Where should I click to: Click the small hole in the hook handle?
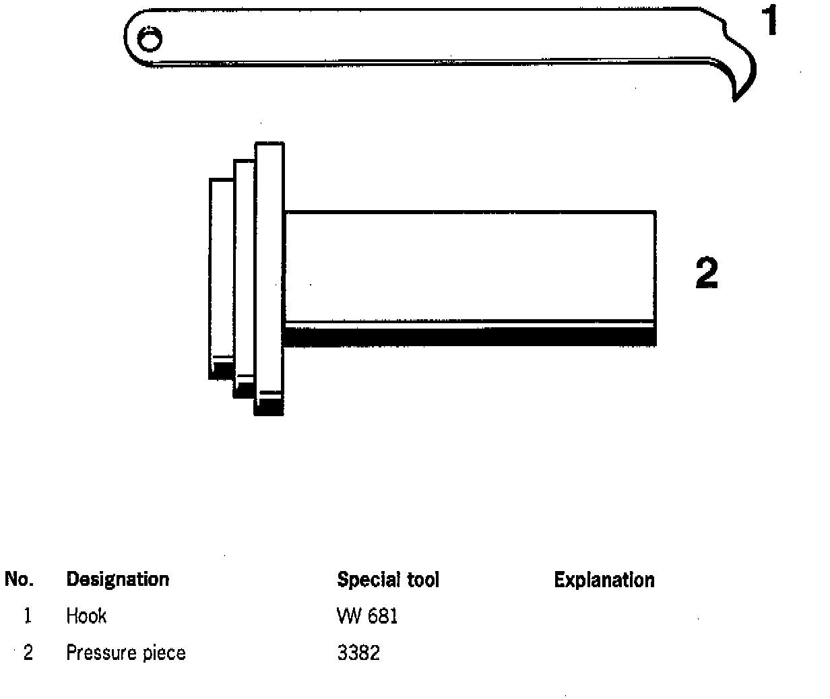pos(149,40)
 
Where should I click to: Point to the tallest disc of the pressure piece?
pos(269,269)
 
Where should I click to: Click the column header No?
pos(20,580)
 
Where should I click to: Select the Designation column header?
pos(117,580)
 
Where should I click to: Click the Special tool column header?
pos(388,580)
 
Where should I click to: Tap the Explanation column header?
pos(604,580)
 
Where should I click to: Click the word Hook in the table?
pos(86,615)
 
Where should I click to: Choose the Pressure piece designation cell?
pos(125,653)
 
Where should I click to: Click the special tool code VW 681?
pos(367,615)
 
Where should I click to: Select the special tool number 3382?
pos(358,653)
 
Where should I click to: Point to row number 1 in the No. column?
pos(28,615)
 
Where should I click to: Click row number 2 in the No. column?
pos(28,653)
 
